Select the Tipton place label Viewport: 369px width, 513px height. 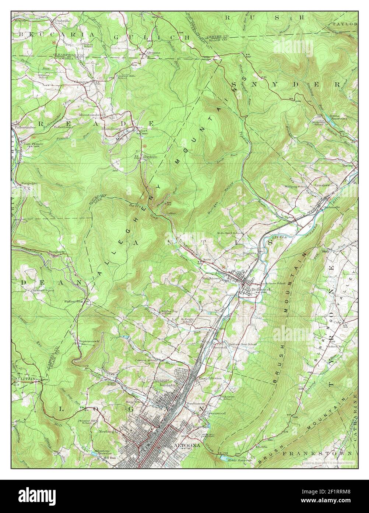click(x=290, y=217)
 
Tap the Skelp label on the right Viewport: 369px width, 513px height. click(x=325, y=251)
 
